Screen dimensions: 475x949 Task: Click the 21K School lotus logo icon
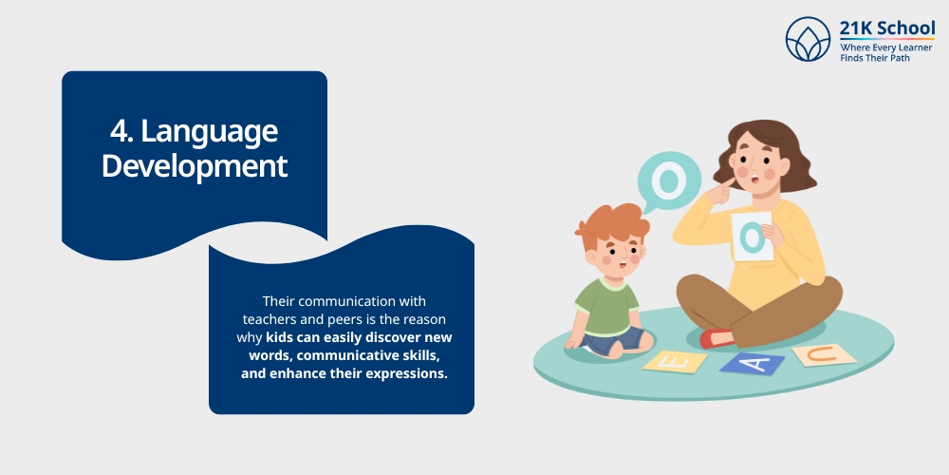[808, 39]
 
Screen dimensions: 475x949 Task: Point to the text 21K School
[887, 28]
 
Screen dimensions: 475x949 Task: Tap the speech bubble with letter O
[669, 180]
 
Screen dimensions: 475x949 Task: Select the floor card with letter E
[675, 361]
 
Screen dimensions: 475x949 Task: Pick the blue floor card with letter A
[752, 362]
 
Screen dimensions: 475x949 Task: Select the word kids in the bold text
[283, 337]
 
